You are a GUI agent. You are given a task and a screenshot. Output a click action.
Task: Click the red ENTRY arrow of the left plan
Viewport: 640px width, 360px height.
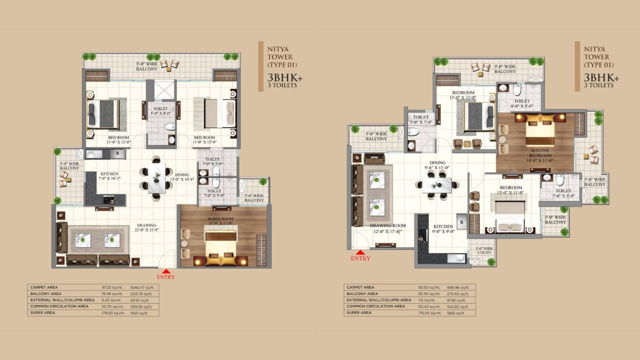(x=165, y=271)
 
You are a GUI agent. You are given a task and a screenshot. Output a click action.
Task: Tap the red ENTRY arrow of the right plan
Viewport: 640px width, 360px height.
(x=360, y=252)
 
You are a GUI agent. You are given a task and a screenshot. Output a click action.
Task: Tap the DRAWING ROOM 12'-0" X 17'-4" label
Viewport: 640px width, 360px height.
(x=388, y=228)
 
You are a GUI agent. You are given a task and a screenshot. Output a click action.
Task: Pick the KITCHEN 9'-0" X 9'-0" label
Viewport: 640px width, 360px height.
(x=443, y=228)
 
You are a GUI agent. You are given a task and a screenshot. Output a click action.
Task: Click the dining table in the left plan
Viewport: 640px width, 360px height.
(x=156, y=175)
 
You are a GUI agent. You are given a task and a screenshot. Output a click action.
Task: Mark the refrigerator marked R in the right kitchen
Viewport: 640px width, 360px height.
(x=462, y=221)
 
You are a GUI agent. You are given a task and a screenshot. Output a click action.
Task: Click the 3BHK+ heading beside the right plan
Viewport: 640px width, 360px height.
(x=601, y=78)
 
